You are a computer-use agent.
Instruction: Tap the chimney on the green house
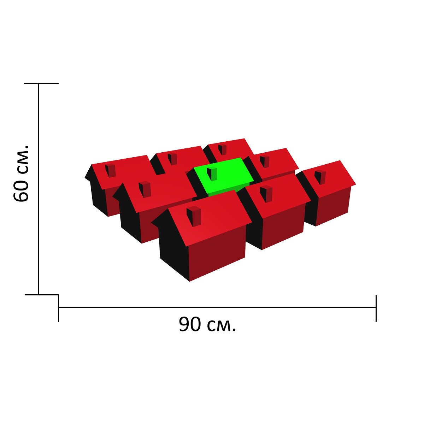[x=212, y=173]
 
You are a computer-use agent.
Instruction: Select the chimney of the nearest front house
[x=194, y=216]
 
